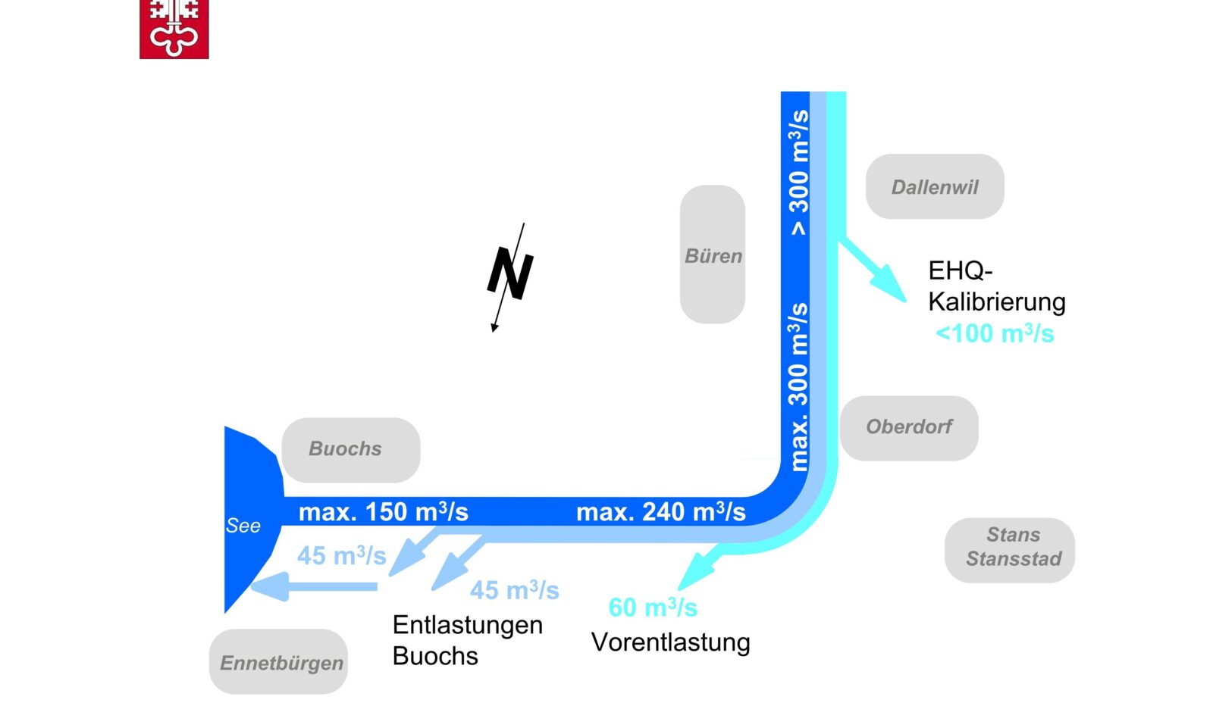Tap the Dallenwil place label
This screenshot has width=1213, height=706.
935,187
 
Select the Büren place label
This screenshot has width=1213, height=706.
713,255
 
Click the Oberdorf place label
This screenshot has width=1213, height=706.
909,427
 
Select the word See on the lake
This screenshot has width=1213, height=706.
243,526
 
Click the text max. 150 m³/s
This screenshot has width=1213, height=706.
383,512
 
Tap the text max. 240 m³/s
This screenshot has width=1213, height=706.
660,512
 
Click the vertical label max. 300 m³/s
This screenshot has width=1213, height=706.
798,386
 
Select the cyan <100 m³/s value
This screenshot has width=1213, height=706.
994,333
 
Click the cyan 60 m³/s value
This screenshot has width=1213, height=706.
652,607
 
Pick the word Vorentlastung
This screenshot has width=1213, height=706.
670,642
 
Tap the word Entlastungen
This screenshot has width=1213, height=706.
467,625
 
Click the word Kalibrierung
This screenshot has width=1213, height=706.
996,301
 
